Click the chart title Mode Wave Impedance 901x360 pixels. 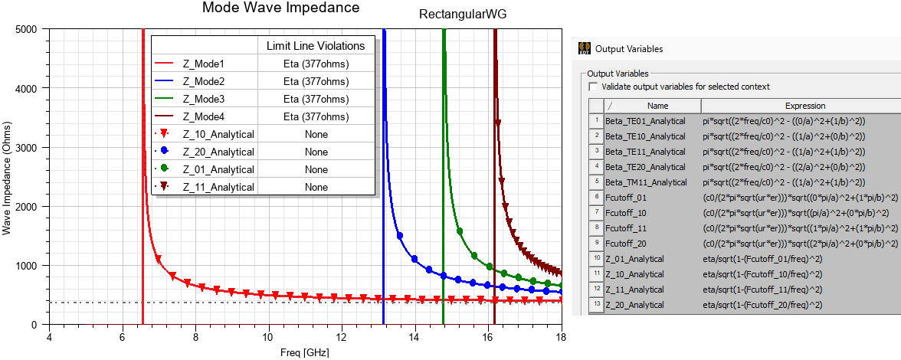[280, 8]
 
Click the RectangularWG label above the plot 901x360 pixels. [462, 15]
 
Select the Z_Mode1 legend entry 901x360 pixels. [203, 64]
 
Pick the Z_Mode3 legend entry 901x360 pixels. [203, 99]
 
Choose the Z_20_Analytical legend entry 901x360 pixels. [218, 152]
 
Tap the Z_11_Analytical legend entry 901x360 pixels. [218, 187]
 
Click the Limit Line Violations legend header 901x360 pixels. [315, 46]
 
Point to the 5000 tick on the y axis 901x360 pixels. [26, 30]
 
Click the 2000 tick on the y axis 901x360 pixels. [26, 207]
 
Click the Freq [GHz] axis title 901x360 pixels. [305, 353]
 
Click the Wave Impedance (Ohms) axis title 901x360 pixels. [7, 177]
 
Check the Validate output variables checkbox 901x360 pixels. [593, 87]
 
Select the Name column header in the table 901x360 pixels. [657, 106]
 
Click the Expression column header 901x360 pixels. [804, 106]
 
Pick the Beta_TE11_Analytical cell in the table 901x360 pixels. [645, 152]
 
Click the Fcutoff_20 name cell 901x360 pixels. [626, 244]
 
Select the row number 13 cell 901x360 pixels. [595, 305]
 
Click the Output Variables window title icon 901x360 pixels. [584, 48]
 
